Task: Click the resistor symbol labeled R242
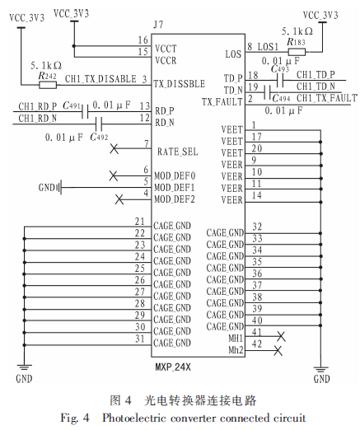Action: [48, 85]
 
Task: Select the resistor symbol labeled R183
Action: [297, 52]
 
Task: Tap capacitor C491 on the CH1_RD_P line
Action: [85, 111]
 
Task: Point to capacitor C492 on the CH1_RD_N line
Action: [99, 124]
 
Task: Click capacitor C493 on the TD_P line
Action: [280, 81]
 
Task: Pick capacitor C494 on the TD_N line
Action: [267, 92]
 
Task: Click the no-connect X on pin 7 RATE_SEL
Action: [115, 149]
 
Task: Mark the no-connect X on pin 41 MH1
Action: [281, 336]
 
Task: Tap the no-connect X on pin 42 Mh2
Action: [278, 350]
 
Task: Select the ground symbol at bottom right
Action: [320, 370]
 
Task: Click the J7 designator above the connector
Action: [158, 25]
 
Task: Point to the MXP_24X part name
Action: [173, 367]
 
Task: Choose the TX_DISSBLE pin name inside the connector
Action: [179, 83]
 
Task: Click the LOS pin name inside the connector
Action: [233, 54]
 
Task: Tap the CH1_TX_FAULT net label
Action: [327, 98]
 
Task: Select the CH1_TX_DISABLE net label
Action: [101, 79]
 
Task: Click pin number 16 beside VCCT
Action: [143, 40]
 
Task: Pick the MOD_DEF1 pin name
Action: [175, 188]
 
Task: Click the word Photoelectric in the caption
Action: [134, 418]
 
